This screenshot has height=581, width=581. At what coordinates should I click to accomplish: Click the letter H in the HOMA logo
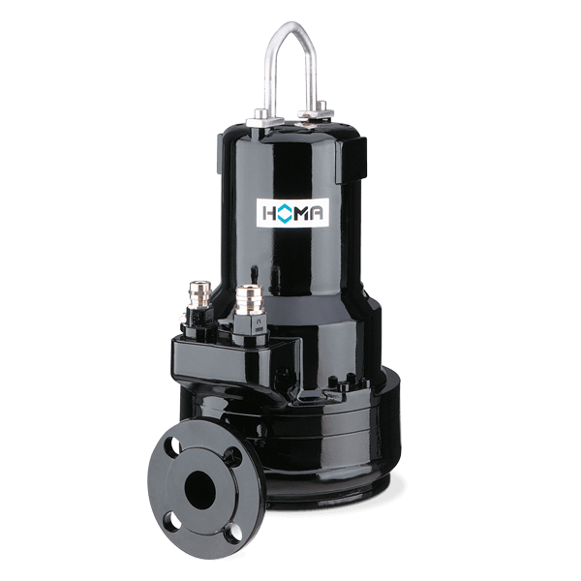click(x=268, y=213)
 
